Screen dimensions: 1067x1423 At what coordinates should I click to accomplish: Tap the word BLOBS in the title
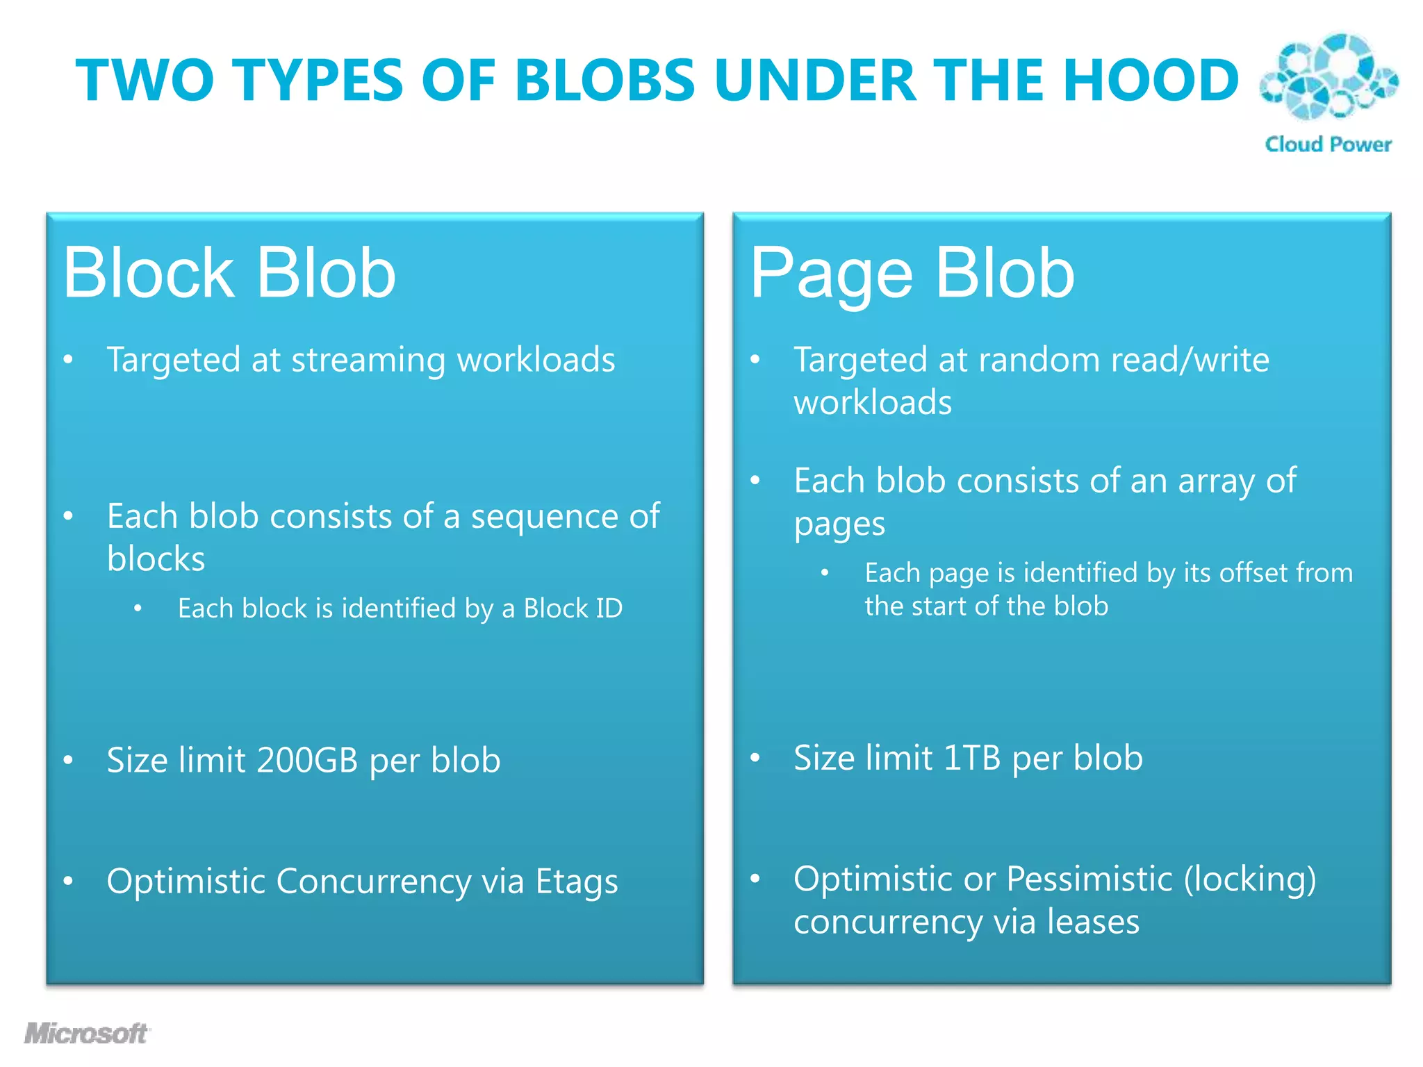[x=604, y=80]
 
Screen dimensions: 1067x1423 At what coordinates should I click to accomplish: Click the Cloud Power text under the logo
[x=1328, y=144]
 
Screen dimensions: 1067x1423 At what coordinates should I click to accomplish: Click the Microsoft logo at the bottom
[x=86, y=1033]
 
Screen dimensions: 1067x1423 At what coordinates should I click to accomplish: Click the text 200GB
[x=306, y=760]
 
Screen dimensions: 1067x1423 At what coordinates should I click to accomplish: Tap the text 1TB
[x=972, y=758]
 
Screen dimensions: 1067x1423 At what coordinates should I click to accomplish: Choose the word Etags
[x=576, y=882]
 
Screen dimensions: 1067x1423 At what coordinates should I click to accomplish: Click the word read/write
[x=1190, y=360]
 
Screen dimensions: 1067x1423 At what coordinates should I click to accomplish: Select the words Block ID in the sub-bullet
[x=573, y=609]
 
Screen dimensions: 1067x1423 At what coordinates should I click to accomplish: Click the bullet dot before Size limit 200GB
[x=68, y=760]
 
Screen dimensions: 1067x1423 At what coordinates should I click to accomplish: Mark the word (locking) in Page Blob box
[x=1250, y=879]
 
